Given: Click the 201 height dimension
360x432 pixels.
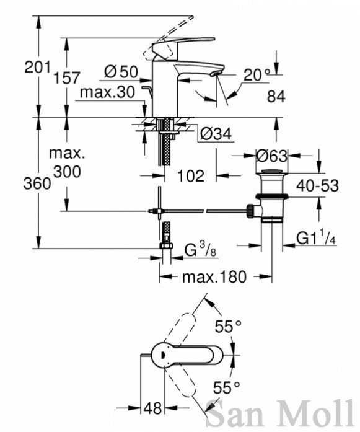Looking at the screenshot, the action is point(38,67).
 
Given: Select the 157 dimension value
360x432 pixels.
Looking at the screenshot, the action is point(67,77).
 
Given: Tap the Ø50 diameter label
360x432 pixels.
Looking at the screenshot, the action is point(121,72).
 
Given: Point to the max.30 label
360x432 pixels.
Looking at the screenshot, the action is point(107,92).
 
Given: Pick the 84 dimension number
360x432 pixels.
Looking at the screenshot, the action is point(276,97).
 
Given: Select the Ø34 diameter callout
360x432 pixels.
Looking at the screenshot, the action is point(216,134).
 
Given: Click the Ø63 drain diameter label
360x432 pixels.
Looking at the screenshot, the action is point(271,156).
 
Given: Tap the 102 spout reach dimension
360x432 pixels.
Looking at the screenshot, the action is point(191,176).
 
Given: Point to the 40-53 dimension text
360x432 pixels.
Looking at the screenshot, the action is point(317,186).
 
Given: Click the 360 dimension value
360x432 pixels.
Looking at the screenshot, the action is point(37,183).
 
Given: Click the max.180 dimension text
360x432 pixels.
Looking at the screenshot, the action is point(214,277).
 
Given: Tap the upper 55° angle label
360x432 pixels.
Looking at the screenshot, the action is point(228,327).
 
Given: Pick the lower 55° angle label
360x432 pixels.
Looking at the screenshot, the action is point(227,387).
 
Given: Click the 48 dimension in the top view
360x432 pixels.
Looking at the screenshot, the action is point(153,408).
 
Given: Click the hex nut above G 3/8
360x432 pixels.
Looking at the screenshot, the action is point(166,245).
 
